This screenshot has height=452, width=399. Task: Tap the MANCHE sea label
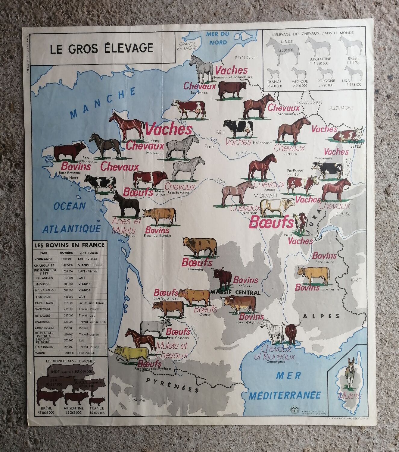(102, 103)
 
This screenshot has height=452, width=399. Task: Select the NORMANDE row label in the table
(44, 259)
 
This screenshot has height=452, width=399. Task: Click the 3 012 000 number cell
(66, 259)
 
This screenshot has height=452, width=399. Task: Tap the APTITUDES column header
(89, 253)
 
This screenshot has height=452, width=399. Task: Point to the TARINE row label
(40, 353)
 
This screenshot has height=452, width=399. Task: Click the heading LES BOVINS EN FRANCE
(70, 245)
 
